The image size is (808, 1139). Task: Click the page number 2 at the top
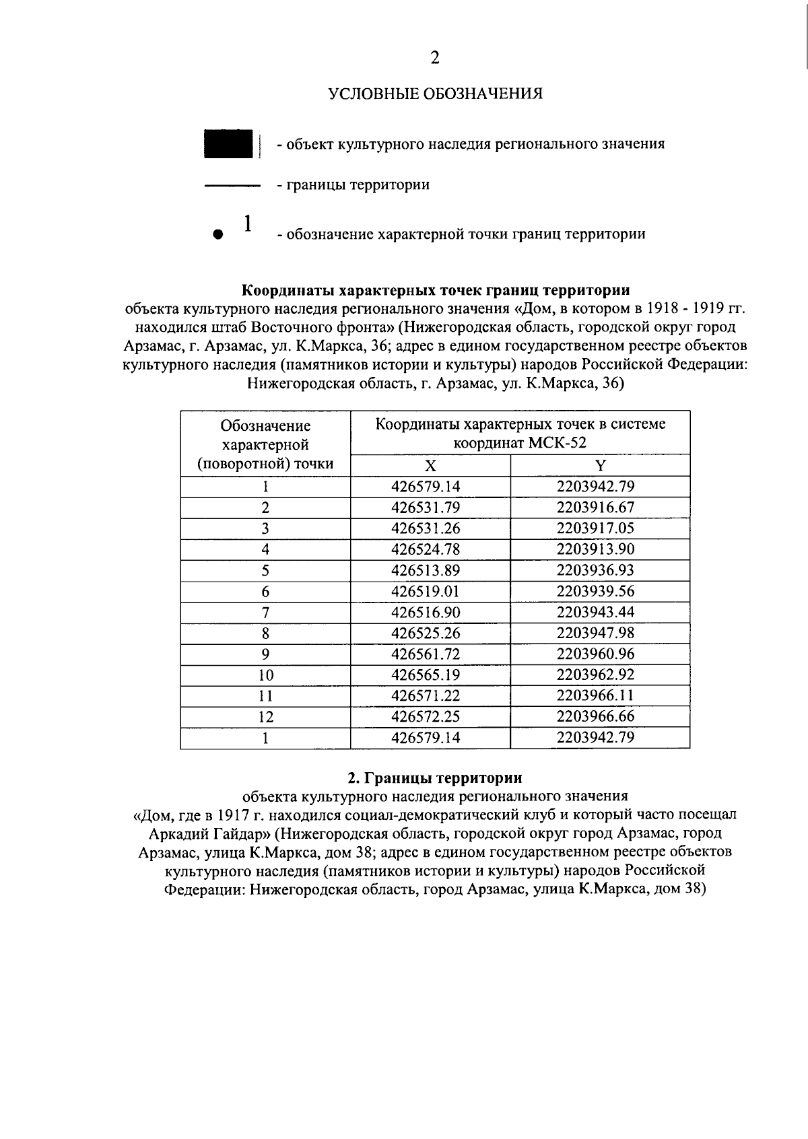click(x=434, y=59)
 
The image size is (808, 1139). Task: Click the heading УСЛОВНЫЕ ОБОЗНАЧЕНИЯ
click(x=436, y=94)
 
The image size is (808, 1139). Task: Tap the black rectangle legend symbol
click(x=228, y=143)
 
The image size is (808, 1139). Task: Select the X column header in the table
click(x=430, y=466)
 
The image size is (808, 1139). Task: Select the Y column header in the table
click(x=600, y=466)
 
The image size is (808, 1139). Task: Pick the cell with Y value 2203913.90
click(x=595, y=549)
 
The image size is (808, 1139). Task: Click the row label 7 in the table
click(x=265, y=613)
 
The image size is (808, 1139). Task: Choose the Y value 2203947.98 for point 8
click(x=595, y=633)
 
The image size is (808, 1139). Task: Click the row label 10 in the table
click(x=265, y=675)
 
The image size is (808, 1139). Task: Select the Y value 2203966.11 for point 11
click(x=595, y=695)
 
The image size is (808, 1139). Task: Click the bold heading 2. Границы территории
click(x=435, y=778)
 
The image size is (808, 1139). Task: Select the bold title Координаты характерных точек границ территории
click(x=436, y=291)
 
